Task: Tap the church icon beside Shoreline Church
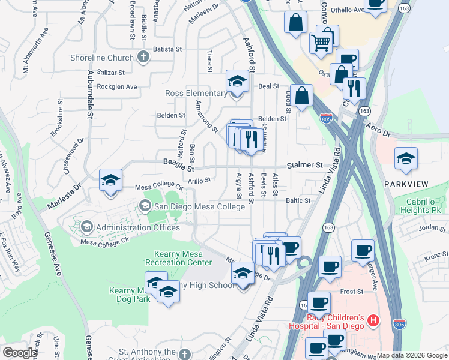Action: (143, 58)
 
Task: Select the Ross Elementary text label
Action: (196, 94)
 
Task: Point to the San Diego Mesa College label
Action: (199, 206)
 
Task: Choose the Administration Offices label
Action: (137, 227)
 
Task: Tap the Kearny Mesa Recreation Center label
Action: (178, 257)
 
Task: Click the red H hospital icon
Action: (374, 320)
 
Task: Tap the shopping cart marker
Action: (321, 43)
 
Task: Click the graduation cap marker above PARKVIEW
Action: (406, 159)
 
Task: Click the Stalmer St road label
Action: (307, 164)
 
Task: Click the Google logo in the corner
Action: (19, 352)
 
